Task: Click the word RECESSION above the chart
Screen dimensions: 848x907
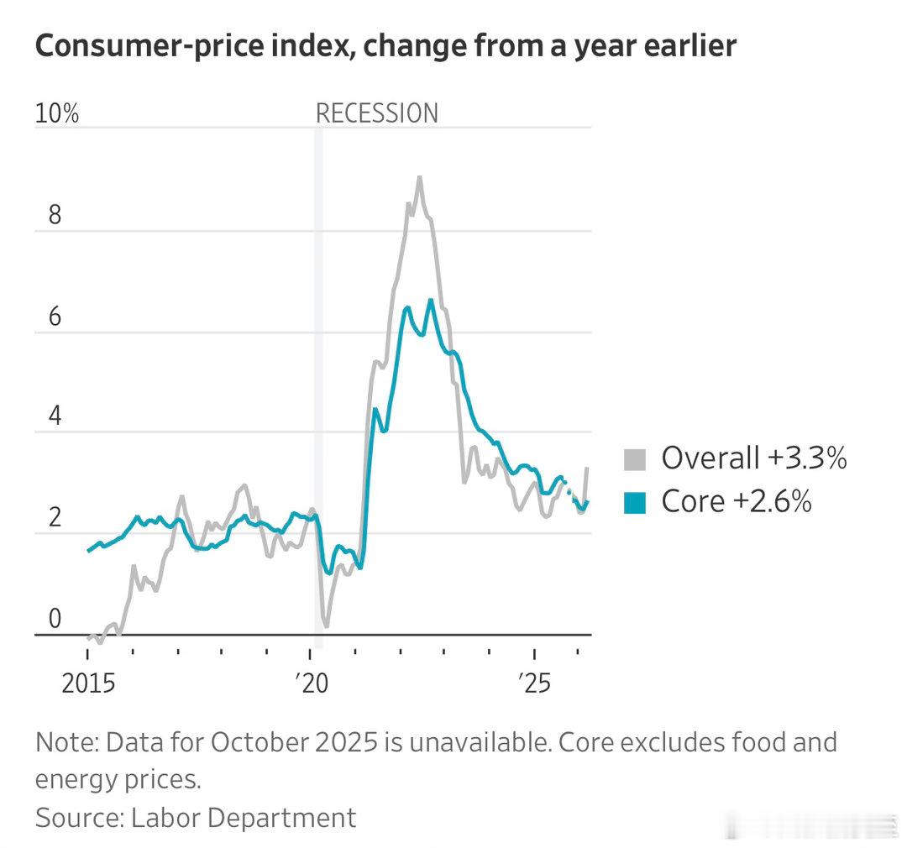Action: [376, 113]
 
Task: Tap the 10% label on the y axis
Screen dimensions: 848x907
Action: [56, 113]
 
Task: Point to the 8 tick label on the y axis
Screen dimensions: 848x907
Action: [55, 216]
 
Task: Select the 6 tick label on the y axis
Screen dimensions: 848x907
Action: [55, 317]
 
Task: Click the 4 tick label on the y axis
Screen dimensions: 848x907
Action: [55, 417]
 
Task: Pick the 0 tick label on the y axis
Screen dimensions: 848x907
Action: [55, 619]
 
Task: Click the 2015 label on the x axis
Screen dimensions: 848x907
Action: [87, 684]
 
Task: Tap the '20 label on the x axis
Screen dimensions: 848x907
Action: [312, 684]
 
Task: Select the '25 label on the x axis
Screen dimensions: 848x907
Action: [534, 684]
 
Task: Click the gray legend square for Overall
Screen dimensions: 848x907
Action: [635, 459]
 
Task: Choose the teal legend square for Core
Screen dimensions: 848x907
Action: [635, 502]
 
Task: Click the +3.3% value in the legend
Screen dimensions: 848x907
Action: [806, 458]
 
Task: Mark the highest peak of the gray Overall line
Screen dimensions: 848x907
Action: [419, 177]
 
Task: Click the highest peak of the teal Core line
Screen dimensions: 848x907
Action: [431, 300]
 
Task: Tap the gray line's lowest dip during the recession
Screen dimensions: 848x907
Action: [325, 626]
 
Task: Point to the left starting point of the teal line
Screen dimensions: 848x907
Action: [88, 551]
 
